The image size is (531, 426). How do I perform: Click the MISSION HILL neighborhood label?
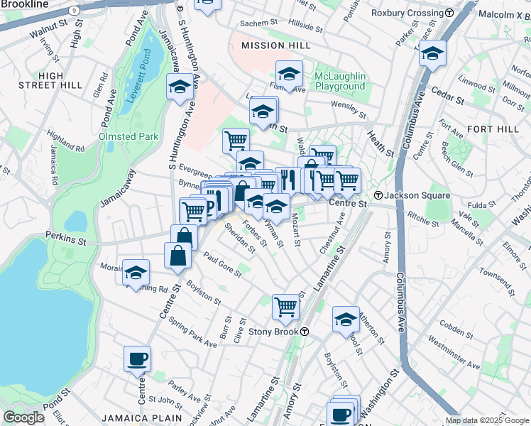(x=275, y=45)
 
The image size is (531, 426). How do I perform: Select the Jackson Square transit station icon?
(x=379, y=195)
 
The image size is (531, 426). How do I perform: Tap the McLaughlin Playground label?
(x=340, y=81)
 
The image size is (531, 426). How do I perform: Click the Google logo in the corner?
(x=23, y=417)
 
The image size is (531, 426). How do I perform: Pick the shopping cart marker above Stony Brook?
(x=285, y=306)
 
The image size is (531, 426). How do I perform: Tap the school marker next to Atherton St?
(x=346, y=319)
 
